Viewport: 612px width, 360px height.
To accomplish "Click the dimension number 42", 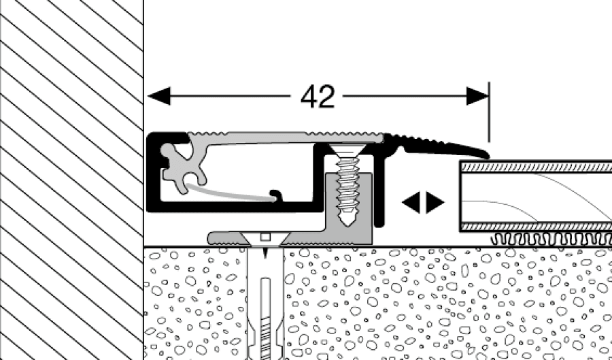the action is coord(318,97).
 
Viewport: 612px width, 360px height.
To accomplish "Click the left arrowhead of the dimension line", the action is coord(159,96).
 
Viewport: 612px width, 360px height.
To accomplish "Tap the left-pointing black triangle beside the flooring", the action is coord(411,202).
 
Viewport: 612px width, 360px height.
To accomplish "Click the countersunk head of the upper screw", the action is coord(347,150).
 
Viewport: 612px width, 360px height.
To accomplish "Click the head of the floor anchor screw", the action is coord(265,238).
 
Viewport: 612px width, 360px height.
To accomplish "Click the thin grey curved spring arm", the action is coord(231,193).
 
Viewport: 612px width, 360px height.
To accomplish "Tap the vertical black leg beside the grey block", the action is coord(379,187).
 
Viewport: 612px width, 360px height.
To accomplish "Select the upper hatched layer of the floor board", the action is coord(537,167).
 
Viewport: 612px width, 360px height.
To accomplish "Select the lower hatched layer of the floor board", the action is coord(537,227).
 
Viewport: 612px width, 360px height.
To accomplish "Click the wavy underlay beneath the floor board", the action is coord(551,240).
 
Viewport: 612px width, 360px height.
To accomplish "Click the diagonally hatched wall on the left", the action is coord(72,180).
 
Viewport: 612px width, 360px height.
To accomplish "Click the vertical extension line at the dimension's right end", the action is coord(489,112).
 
